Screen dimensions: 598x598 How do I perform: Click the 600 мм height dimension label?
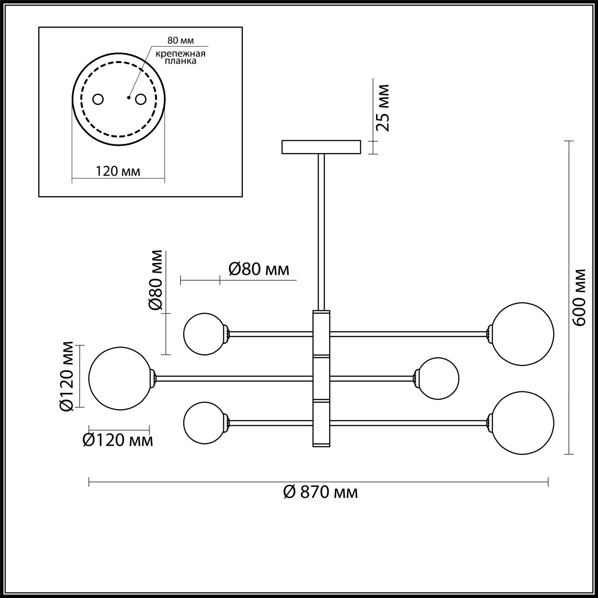pyautogui.click(x=580, y=297)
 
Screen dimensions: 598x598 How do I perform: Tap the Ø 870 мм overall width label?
pyautogui.click(x=320, y=492)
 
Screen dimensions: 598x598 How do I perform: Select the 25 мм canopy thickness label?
pyautogui.click(x=383, y=107)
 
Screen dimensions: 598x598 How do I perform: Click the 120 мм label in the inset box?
pyautogui.click(x=118, y=171)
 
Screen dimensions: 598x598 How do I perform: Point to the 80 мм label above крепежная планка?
pyautogui.click(x=180, y=41)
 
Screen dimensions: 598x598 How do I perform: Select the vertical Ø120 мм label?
pyautogui.click(x=67, y=377)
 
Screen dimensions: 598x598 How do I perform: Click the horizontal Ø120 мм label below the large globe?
pyautogui.click(x=117, y=440)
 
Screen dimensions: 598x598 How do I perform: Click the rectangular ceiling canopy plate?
pyautogui.click(x=321, y=147)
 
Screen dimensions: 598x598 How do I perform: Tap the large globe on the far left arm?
pyautogui.click(x=120, y=378)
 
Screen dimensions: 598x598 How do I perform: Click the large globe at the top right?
pyautogui.click(x=523, y=334)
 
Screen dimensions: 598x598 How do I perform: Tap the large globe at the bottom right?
pyautogui.click(x=523, y=422)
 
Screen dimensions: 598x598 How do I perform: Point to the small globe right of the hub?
pyautogui.click(x=438, y=378)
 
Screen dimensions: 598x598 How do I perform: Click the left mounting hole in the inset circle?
pyautogui.click(x=98, y=100)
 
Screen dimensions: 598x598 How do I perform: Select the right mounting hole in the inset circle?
pyautogui.click(x=140, y=100)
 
